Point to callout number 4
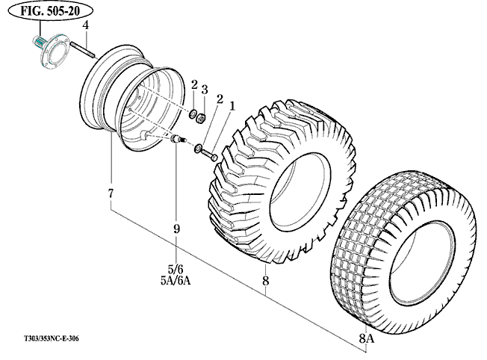[87, 25]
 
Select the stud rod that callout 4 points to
[83, 49]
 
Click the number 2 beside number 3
[193, 85]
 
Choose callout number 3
[204, 90]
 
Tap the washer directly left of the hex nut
[191, 114]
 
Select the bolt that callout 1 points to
[213, 157]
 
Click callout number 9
[177, 229]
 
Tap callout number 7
[111, 194]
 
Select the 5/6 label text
[176, 268]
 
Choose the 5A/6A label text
[176, 281]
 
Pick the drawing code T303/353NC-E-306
[46, 338]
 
